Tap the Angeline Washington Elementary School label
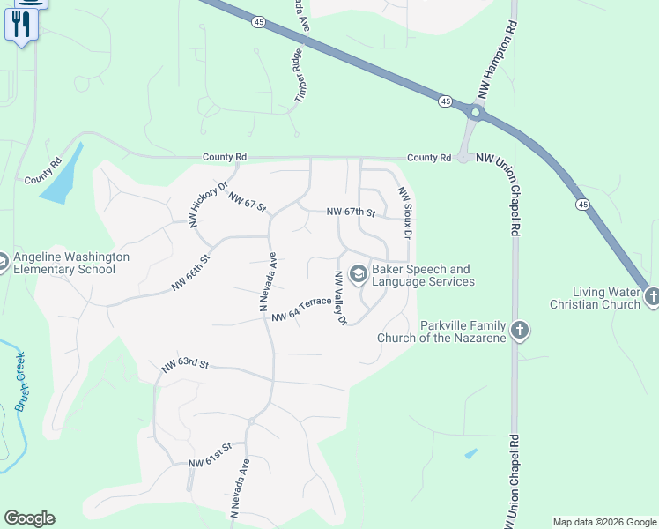(70, 263)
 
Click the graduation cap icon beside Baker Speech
(358, 274)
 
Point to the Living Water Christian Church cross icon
(651, 296)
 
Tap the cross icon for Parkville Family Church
(520, 331)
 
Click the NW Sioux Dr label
(404, 211)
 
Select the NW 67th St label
(351, 212)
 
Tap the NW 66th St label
(191, 273)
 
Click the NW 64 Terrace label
(301, 309)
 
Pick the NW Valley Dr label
(339, 297)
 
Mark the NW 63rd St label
(185, 364)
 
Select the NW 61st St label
(210, 455)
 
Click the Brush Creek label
(21, 382)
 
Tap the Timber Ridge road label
(299, 75)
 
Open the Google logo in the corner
(29, 518)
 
